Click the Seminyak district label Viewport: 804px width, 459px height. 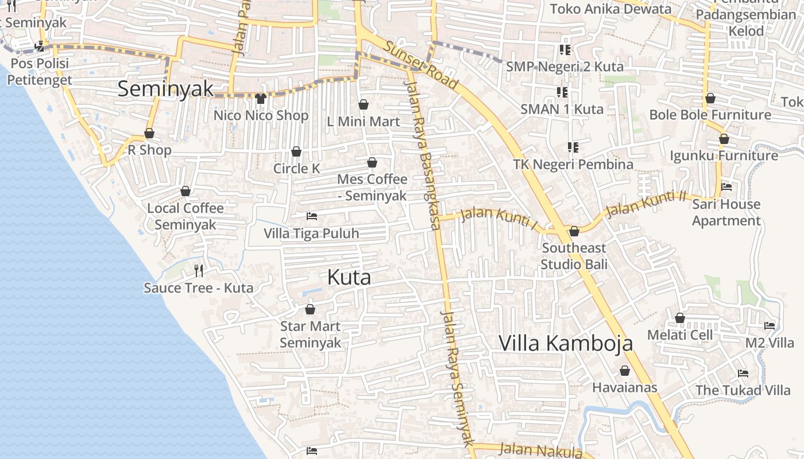(x=165, y=89)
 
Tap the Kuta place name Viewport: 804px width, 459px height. (x=349, y=278)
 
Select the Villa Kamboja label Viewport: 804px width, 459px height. (x=566, y=343)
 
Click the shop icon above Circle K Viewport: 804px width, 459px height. (x=296, y=151)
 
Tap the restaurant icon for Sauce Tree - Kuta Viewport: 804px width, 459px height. (x=199, y=270)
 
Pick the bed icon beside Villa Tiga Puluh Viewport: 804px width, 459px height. (x=312, y=216)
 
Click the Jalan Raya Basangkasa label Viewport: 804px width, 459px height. (x=424, y=155)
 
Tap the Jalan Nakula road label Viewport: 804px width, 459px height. (x=540, y=450)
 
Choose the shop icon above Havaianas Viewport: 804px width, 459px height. (x=624, y=371)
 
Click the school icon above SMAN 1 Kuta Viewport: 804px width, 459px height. (x=562, y=92)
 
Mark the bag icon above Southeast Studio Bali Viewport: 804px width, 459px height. (x=574, y=232)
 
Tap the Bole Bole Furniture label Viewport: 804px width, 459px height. (x=710, y=115)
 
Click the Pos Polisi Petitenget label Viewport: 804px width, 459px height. (x=40, y=71)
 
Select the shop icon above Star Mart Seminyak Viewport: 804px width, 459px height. (x=310, y=310)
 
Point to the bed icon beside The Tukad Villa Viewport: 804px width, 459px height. (x=743, y=374)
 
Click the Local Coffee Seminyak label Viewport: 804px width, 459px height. (x=185, y=216)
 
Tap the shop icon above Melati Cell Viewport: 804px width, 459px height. (x=680, y=318)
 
